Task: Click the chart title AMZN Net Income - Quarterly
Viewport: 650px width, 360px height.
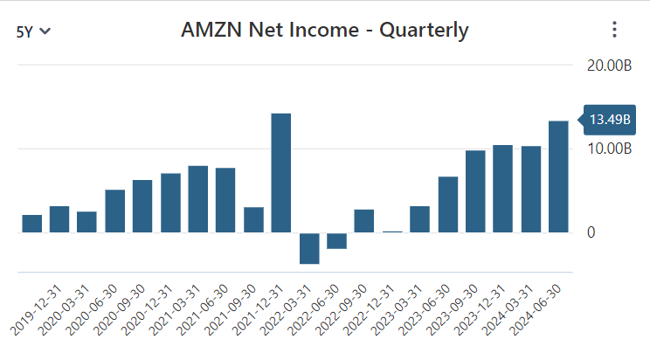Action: pos(325,30)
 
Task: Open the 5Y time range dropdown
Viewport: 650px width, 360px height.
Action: pos(33,31)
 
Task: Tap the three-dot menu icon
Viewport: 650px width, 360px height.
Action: pos(614,30)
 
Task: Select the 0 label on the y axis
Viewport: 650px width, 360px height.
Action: pos(591,232)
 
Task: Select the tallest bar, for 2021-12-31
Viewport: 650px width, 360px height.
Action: pos(281,173)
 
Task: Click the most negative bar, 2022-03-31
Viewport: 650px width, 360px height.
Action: pos(309,248)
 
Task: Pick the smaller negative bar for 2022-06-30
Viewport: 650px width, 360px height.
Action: pos(337,240)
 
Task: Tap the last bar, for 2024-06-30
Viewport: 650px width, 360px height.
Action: pos(558,177)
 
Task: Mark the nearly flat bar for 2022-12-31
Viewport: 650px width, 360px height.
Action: pos(392,232)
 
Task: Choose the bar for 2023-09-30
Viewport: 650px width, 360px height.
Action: pos(475,191)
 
